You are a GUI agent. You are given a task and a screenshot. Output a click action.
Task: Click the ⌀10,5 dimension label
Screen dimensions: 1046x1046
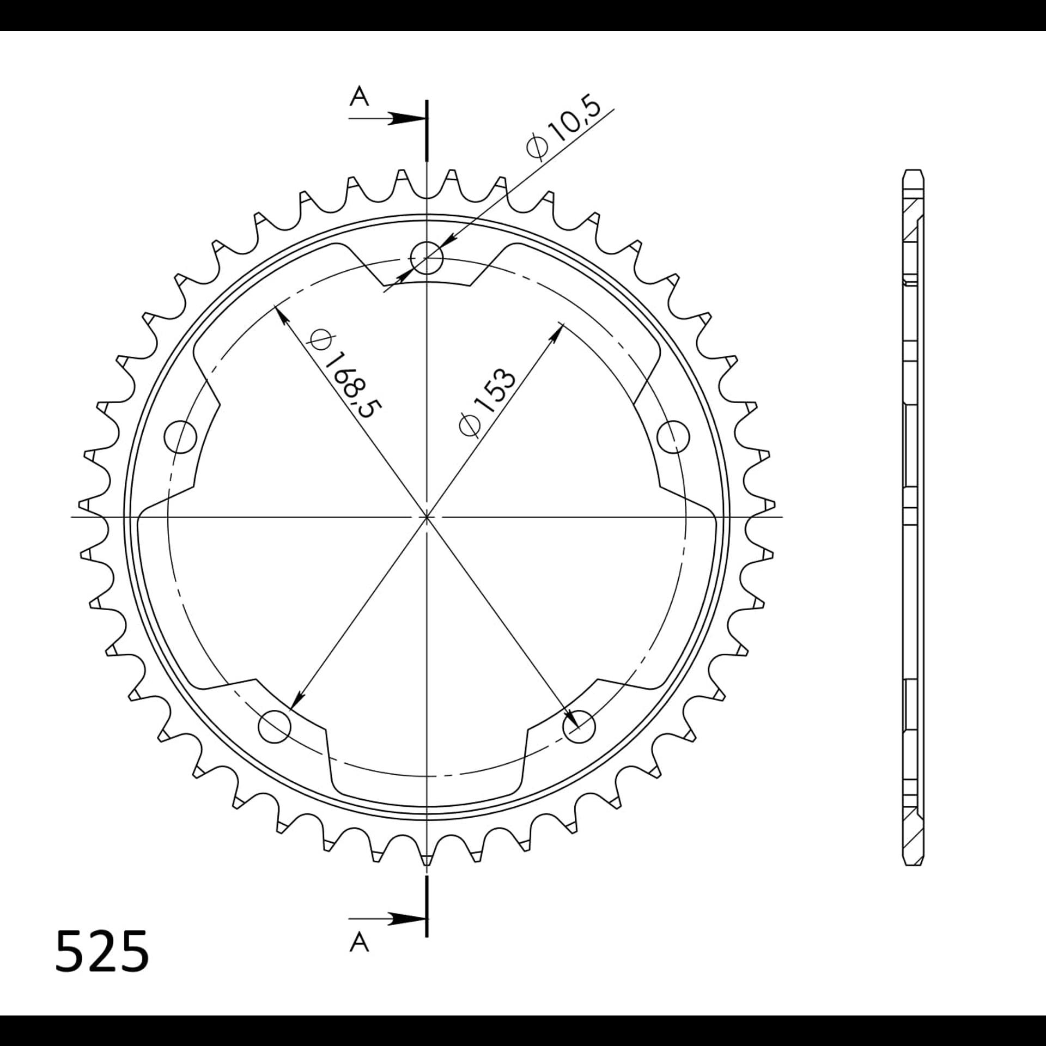coord(564,129)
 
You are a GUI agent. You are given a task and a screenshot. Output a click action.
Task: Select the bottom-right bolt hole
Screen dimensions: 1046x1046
coord(579,727)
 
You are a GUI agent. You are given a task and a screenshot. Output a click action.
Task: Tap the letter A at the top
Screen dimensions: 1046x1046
coord(359,98)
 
